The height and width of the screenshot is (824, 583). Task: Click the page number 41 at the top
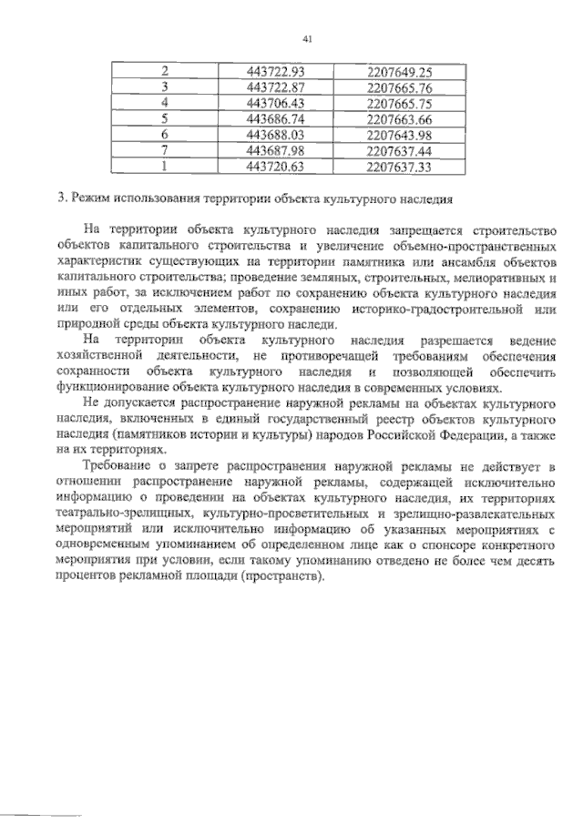click(307, 37)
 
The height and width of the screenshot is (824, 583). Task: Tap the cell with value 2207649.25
click(399, 71)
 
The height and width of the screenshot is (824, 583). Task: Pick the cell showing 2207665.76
click(399, 87)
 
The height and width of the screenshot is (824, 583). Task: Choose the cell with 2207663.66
click(399, 119)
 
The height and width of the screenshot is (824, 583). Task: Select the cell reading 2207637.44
click(399, 151)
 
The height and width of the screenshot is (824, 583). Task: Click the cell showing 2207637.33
click(399, 168)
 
